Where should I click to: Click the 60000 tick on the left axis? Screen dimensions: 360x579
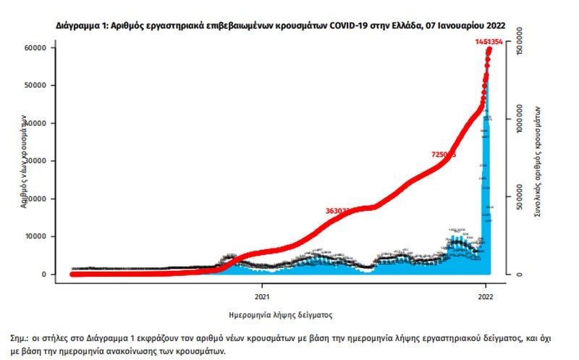click(36, 48)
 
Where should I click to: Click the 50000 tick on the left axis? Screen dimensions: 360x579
click(36, 85)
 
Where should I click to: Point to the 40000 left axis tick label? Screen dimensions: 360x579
click(36, 123)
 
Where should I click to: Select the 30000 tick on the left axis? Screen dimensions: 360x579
click(36, 161)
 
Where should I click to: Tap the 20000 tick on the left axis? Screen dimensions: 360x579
click(36, 198)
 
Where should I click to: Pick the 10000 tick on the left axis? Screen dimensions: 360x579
click(36, 236)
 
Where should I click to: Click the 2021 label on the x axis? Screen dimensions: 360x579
click(262, 296)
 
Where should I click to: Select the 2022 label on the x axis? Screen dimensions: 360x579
click(487, 296)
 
